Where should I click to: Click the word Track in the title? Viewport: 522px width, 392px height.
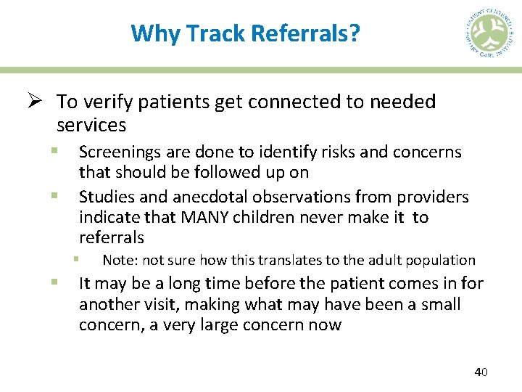pos(215,33)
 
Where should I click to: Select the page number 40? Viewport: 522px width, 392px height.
pos(481,372)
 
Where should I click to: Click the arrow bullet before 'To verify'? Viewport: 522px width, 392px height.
pos(41,102)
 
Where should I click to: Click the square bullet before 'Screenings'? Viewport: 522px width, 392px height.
pos(54,151)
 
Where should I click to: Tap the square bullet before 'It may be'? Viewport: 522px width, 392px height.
pos(54,282)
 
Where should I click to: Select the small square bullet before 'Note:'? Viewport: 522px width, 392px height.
pos(75,258)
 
